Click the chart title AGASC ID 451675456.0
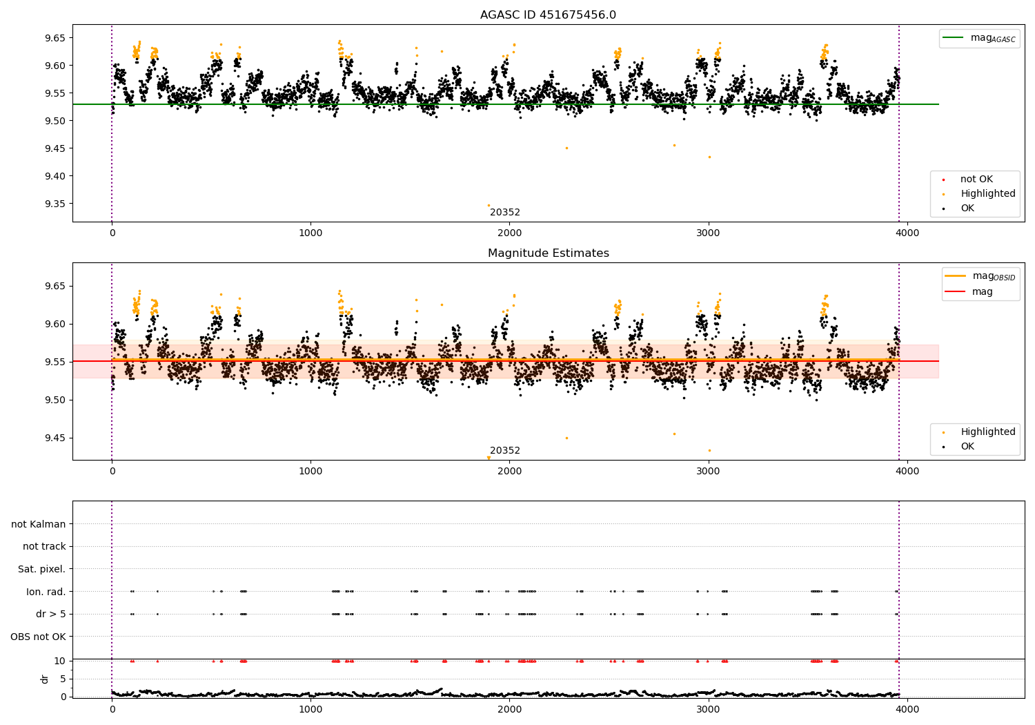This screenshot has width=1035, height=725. tap(548, 15)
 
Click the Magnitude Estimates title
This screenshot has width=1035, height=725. tap(548, 253)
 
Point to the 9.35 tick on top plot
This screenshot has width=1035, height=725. tap(55, 204)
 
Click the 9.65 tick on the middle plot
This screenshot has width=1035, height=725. tap(55, 286)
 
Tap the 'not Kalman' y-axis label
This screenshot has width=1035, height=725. tap(39, 524)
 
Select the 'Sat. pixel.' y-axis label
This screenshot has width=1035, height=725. tap(41, 569)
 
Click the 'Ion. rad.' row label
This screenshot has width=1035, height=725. tap(46, 592)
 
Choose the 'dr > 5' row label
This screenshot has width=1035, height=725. tap(50, 614)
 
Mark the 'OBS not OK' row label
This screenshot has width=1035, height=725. tap(38, 637)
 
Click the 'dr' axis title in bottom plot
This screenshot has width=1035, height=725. tap(45, 679)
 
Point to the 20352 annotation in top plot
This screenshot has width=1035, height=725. tap(505, 213)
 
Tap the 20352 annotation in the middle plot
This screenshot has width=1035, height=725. tap(505, 451)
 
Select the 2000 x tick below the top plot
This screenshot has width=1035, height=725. tap(509, 233)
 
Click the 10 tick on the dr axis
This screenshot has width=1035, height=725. tap(59, 661)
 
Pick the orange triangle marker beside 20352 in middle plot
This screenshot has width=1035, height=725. tap(489, 458)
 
